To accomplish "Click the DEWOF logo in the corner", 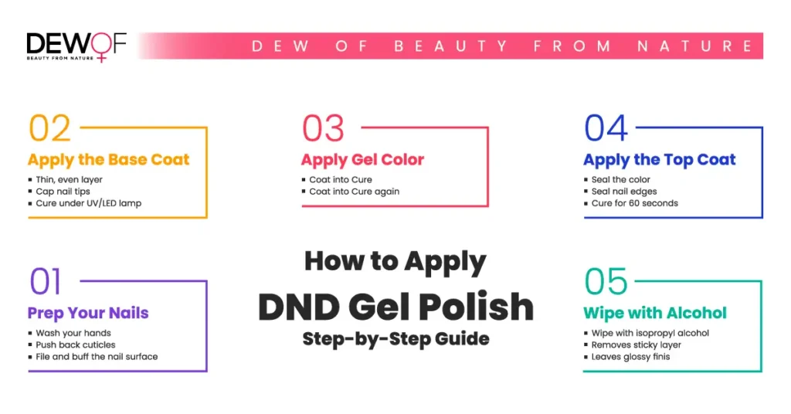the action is (x=76, y=47).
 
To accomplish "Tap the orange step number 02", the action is (x=49, y=128).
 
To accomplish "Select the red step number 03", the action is (x=323, y=128).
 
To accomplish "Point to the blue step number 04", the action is (x=606, y=128).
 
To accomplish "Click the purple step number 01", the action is (x=46, y=281).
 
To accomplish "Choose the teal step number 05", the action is (x=606, y=281).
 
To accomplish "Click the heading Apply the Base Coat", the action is (x=108, y=160).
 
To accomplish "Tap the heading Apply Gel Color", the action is (x=363, y=160).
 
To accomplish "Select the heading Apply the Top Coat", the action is (x=660, y=160).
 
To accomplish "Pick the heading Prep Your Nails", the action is (x=88, y=313).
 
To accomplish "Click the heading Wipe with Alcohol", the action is (x=655, y=313).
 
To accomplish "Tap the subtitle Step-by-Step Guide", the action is (x=396, y=339).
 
